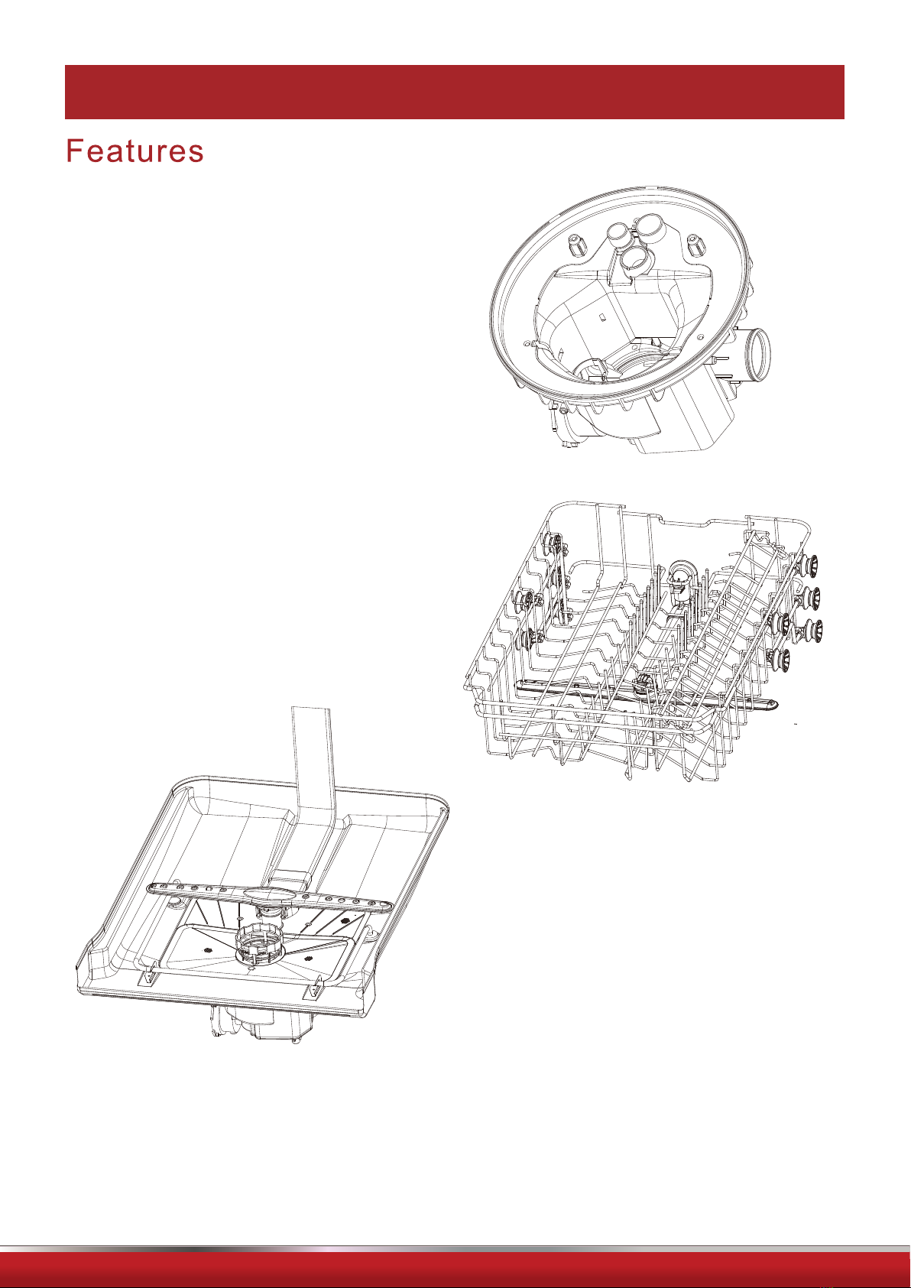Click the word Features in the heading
[x=135, y=151]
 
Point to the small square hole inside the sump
[x=601, y=316]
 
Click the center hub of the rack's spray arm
[x=640, y=683]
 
